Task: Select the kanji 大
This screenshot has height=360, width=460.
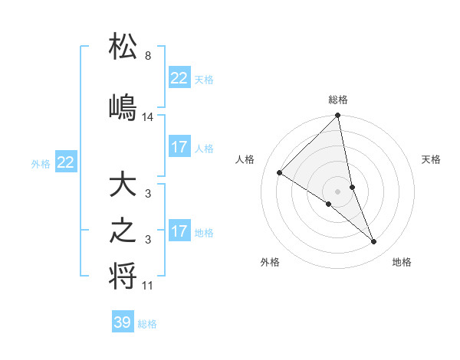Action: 123,187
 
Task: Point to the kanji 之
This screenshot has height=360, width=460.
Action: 123,233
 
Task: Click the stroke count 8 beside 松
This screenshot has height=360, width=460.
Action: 147,56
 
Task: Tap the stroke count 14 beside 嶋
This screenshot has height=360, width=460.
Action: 148,117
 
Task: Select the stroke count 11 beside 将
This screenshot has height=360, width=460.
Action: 148,286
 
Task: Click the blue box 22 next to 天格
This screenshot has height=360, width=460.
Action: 179,78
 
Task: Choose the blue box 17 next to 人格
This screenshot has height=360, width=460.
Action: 179,147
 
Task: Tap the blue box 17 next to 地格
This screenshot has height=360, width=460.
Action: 179,231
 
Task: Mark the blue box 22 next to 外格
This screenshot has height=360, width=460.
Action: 66,162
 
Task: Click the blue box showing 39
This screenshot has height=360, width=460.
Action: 123,322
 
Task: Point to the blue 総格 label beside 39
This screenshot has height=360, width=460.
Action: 148,324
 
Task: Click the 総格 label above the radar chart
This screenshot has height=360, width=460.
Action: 338,100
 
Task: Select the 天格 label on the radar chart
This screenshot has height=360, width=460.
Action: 432,159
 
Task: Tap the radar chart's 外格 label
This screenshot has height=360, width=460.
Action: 270,262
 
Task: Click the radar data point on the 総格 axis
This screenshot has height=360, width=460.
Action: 338,116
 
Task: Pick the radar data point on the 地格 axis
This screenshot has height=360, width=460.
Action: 374,241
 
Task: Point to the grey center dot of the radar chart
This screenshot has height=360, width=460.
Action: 338,191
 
